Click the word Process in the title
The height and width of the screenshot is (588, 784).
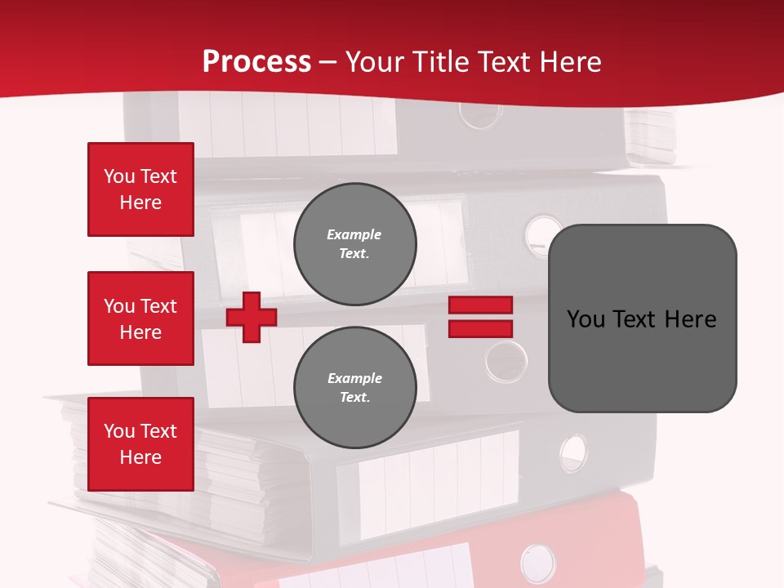coord(256,62)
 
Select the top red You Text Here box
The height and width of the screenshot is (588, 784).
coord(140,189)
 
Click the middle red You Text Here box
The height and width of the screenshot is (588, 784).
coord(140,318)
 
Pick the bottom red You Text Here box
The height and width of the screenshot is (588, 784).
coord(140,444)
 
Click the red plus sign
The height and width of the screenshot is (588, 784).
coord(252,318)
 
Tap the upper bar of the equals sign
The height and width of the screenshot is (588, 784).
coord(480,305)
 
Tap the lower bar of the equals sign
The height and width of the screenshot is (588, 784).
coord(480,329)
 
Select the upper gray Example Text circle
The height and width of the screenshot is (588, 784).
coord(354,243)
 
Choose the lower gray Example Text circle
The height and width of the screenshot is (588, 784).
coord(354,387)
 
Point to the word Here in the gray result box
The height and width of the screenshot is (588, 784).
coord(690,319)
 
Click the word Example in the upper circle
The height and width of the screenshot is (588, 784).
coord(354,234)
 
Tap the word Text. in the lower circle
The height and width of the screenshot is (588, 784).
coord(354,398)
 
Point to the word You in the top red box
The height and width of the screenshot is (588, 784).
coord(119,176)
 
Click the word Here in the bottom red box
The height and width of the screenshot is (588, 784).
coord(140,457)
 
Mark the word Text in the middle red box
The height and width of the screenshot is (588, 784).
coord(158,306)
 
